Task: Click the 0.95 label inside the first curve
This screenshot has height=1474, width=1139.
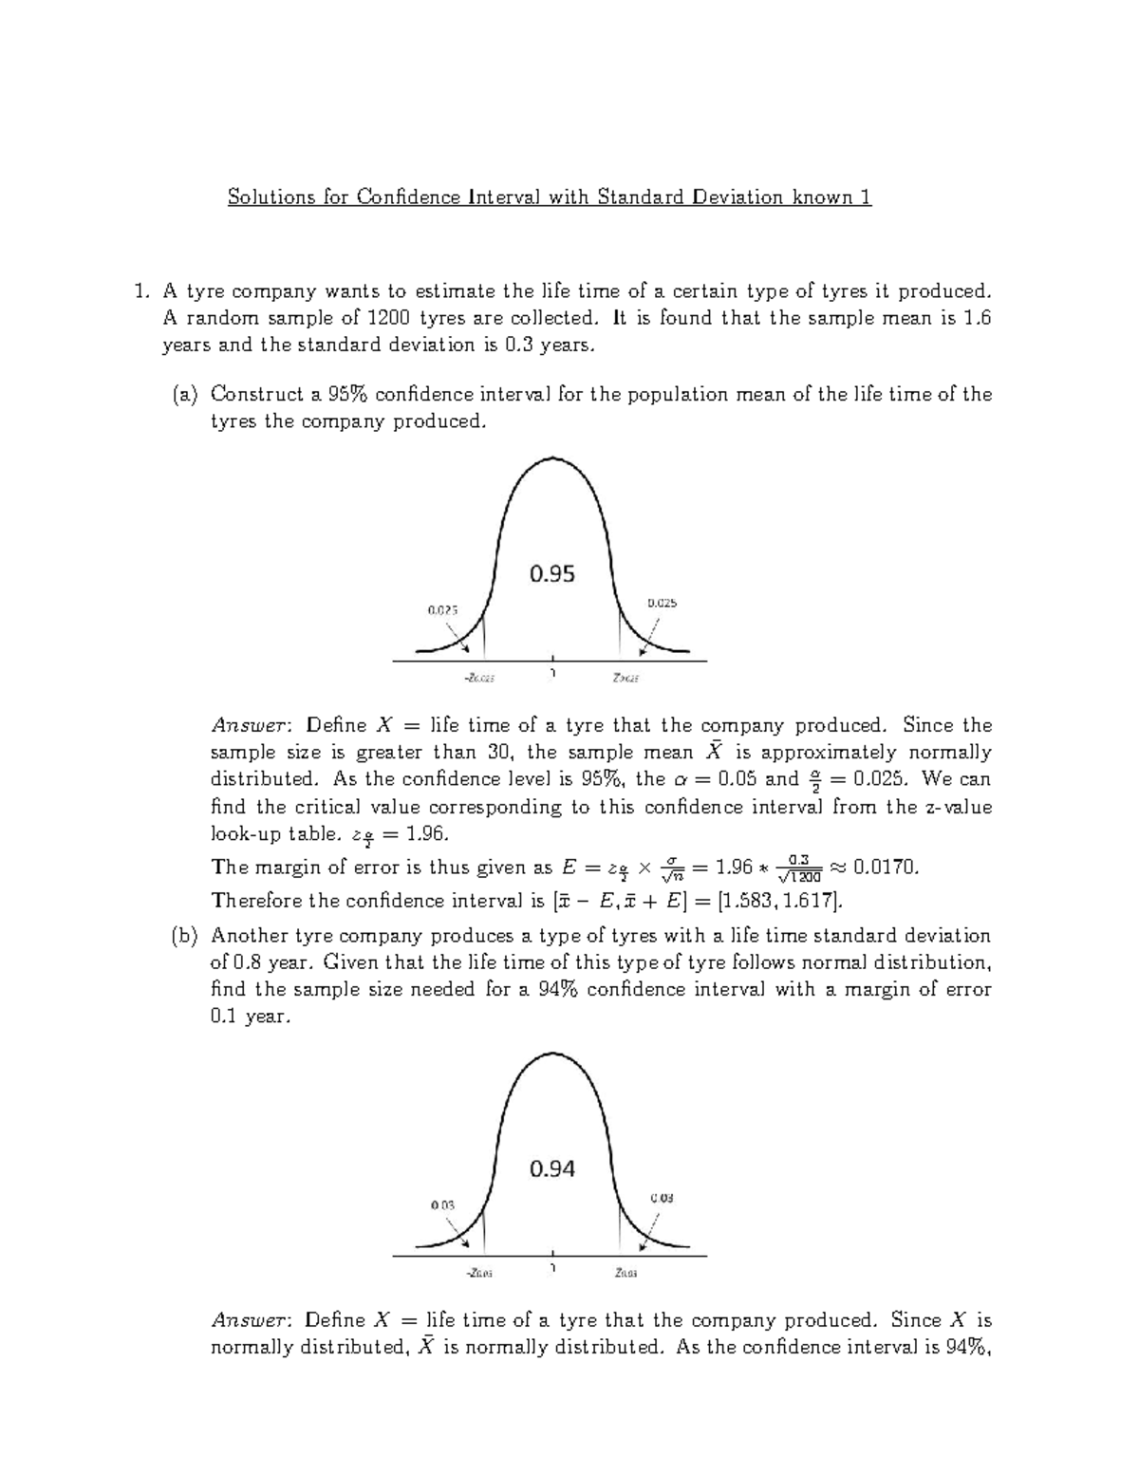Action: [551, 574]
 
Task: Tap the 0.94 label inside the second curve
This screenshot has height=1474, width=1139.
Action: [551, 1169]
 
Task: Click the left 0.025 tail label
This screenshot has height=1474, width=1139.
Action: [442, 610]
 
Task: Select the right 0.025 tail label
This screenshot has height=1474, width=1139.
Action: [662, 603]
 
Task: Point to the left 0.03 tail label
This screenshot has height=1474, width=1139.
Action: [442, 1204]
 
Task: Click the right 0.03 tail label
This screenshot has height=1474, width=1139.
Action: [662, 1198]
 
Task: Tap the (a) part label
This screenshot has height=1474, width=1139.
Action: [185, 394]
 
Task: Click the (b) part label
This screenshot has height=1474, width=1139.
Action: [185, 936]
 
